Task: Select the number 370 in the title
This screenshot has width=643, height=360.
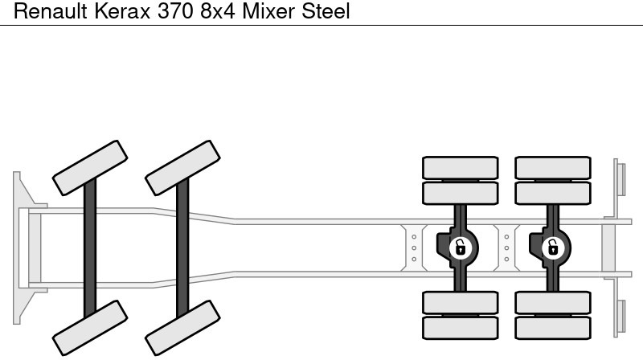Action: [170, 12]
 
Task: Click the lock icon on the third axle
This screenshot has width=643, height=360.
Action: [460, 247]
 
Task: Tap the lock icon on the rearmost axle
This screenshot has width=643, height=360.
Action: [552, 247]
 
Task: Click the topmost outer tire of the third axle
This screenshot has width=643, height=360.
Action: [461, 167]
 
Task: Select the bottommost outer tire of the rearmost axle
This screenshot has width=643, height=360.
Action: [553, 327]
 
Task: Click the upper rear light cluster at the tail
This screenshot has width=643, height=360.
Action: [620, 177]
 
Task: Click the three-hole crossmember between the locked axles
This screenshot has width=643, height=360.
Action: [506, 247]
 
